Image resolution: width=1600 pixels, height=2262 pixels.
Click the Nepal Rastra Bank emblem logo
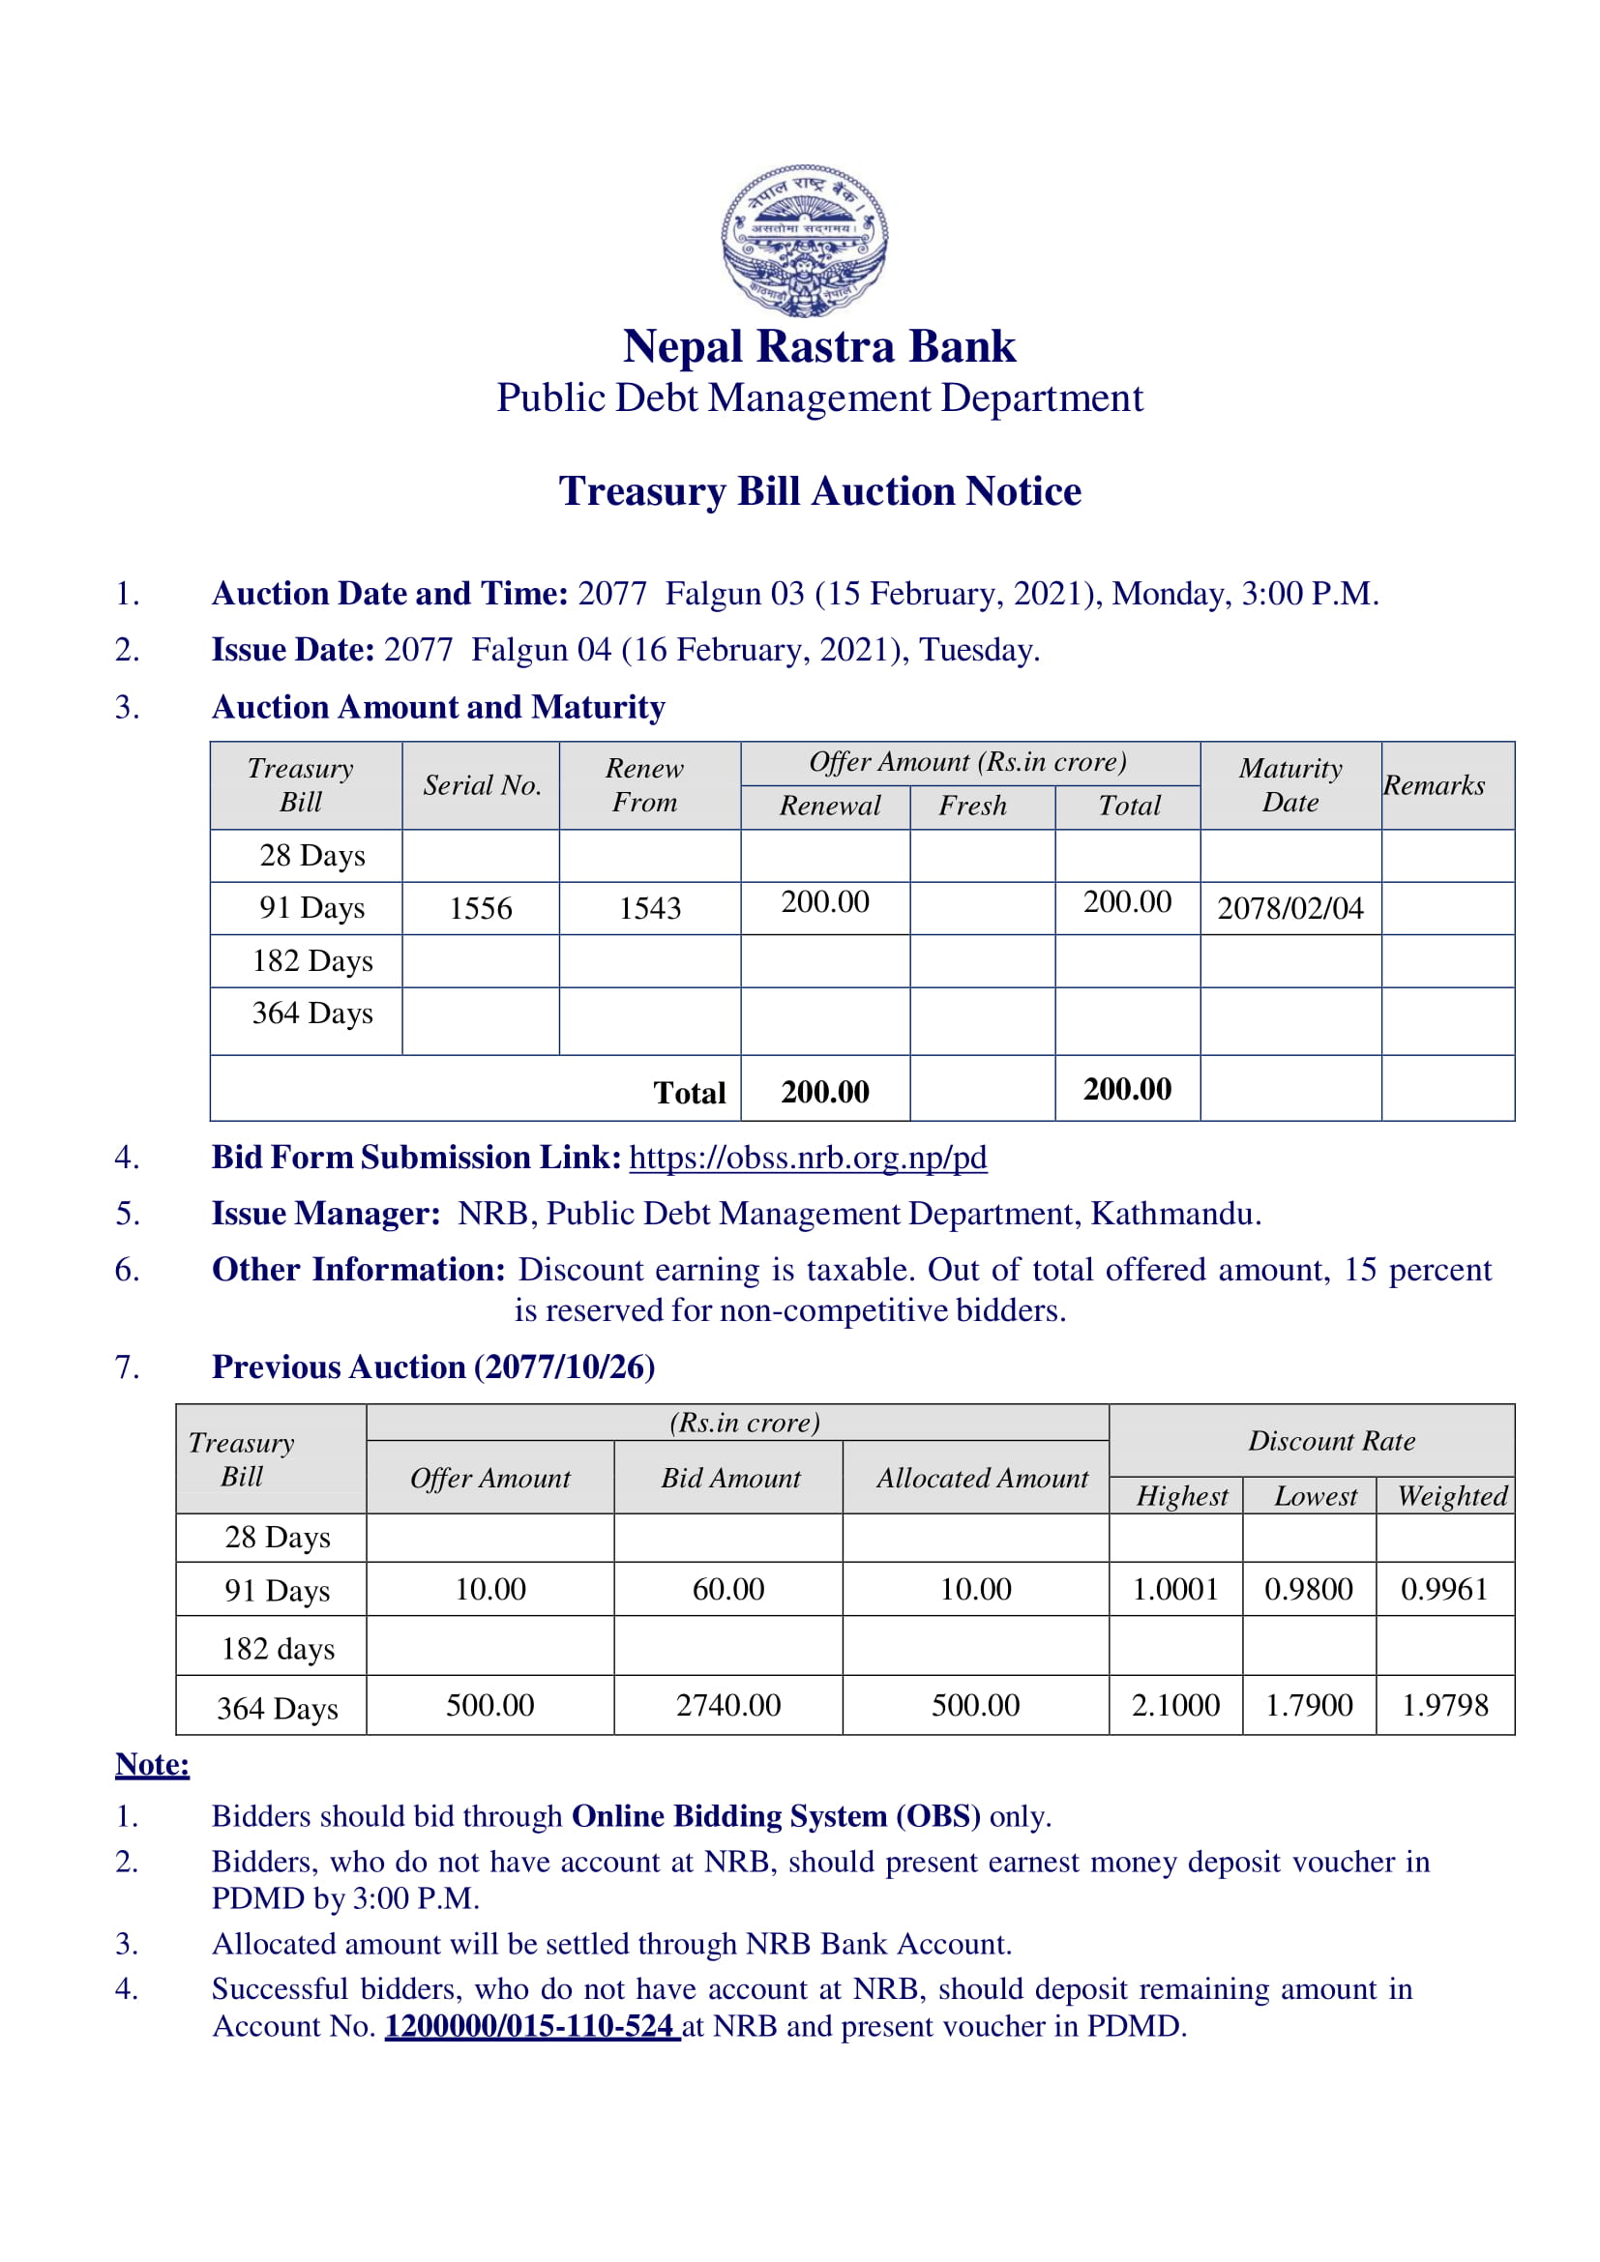click(804, 240)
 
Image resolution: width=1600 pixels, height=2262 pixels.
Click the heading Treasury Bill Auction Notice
click(819, 490)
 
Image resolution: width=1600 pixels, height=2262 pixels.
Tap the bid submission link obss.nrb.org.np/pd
click(808, 1157)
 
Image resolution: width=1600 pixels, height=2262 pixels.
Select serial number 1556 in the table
click(481, 907)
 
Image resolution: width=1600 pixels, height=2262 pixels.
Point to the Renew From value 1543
click(649, 907)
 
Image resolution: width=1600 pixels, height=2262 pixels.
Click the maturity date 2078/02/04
click(1289, 907)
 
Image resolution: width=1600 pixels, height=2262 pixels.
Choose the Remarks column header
click(1434, 785)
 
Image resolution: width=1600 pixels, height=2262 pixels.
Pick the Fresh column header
click(972, 806)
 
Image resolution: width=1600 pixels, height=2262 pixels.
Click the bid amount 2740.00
click(728, 1704)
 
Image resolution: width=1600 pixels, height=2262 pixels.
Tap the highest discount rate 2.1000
click(1175, 1704)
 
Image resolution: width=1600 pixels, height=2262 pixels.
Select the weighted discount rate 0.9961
click(1444, 1588)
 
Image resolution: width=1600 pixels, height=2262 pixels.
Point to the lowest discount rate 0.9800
click(1309, 1588)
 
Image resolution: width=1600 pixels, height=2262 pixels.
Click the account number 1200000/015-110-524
click(530, 2026)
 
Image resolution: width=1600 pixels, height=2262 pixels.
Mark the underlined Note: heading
click(153, 1764)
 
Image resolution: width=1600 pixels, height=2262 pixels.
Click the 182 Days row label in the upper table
click(312, 960)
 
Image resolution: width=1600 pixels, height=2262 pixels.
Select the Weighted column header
click(1452, 1495)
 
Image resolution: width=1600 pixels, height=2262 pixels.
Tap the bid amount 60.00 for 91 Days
click(728, 1588)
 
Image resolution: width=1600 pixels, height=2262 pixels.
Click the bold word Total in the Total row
click(690, 1092)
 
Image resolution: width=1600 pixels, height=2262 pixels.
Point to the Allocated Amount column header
click(982, 1478)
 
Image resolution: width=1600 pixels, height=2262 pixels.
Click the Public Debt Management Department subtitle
click(819, 398)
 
